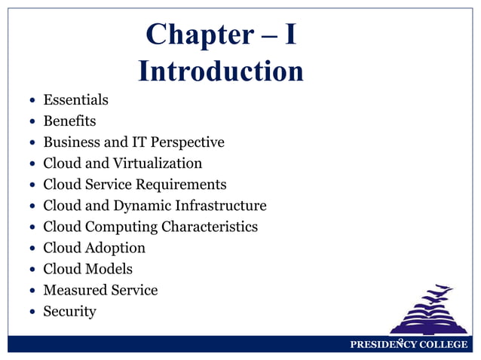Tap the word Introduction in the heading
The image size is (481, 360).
(x=221, y=72)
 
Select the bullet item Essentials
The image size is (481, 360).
(x=75, y=99)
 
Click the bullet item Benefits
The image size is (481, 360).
(x=69, y=121)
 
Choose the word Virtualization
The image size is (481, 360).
(x=158, y=163)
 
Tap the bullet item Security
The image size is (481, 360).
(x=69, y=310)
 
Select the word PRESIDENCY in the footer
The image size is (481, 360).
(x=381, y=345)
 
